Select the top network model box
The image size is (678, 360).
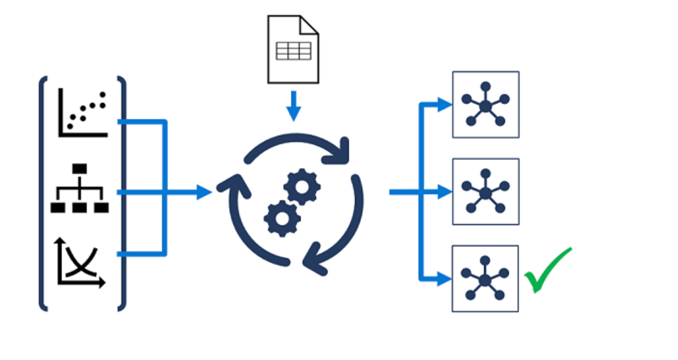pyautogui.click(x=485, y=105)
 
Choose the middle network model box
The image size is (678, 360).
pyautogui.click(x=485, y=191)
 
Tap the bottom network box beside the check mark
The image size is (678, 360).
pyautogui.click(x=485, y=279)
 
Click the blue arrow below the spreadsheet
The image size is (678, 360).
pyautogui.click(x=293, y=108)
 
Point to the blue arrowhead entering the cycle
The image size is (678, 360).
pyautogui.click(x=205, y=192)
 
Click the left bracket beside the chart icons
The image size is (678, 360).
pyautogui.click(x=43, y=192)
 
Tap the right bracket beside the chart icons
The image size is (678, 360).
pyautogui.click(x=122, y=192)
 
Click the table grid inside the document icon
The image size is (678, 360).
pyautogui.click(x=293, y=52)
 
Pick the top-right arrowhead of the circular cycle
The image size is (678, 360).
pyautogui.click(x=341, y=149)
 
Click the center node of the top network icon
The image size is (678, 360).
pyautogui.click(x=485, y=106)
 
